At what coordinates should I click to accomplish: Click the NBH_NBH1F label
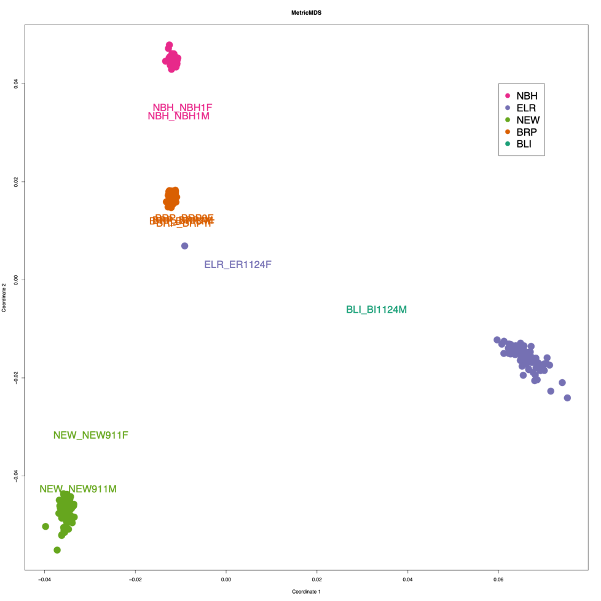[183, 107]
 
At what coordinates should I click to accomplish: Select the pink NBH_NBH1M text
[179, 116]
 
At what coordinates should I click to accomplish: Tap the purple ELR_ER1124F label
[238, 265]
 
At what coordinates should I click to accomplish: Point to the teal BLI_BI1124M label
[377, 310]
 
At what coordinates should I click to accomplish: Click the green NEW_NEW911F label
[91, 435]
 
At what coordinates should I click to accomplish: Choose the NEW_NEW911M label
[78, 489]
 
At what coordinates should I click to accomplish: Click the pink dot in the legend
[508, 96]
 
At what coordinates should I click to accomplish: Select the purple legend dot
[508, 108]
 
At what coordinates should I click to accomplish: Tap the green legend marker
[508, 120]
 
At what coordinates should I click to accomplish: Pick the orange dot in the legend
[508, 132]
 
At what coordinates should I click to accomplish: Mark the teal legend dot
[508, 144]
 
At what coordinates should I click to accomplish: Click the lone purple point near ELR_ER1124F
[184, 246]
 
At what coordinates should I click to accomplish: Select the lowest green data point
[57, 550]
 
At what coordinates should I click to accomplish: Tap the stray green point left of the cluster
[45, 526]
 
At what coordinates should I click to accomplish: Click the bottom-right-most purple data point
[567, 398]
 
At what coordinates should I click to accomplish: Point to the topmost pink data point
[169, 45]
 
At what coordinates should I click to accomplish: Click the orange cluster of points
[171, 198]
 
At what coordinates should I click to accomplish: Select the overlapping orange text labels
[182, 220]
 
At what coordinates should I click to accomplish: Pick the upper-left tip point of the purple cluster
[497, 340]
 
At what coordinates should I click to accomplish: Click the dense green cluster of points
[66, 510]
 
